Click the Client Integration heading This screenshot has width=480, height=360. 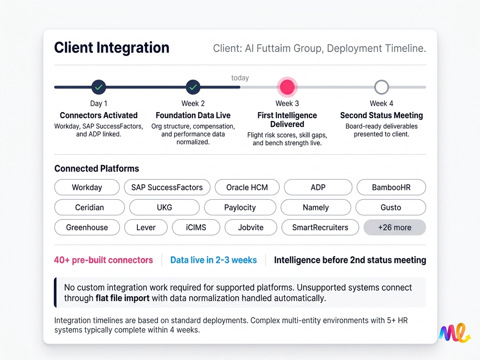112,48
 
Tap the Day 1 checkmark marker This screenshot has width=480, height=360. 98,87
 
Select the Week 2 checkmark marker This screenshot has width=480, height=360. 193,87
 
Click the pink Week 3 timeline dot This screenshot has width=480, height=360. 287,87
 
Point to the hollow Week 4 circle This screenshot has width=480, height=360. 382,87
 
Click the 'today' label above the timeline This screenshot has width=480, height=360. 240,78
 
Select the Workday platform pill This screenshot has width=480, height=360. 87,187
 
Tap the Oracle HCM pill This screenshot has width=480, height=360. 247,187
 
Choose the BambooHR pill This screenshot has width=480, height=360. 391,187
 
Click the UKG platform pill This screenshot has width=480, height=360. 164,207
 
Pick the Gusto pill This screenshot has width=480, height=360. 390,207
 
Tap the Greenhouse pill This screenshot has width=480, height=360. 87,227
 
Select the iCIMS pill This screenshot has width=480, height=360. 195,227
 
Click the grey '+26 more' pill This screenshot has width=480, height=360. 394,227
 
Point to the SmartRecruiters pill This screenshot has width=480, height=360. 320,227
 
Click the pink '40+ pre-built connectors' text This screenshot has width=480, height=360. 103,260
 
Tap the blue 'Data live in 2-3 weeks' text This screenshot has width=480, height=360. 213,260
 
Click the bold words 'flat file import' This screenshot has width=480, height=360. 123,298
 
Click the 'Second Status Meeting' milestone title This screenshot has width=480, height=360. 381,115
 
